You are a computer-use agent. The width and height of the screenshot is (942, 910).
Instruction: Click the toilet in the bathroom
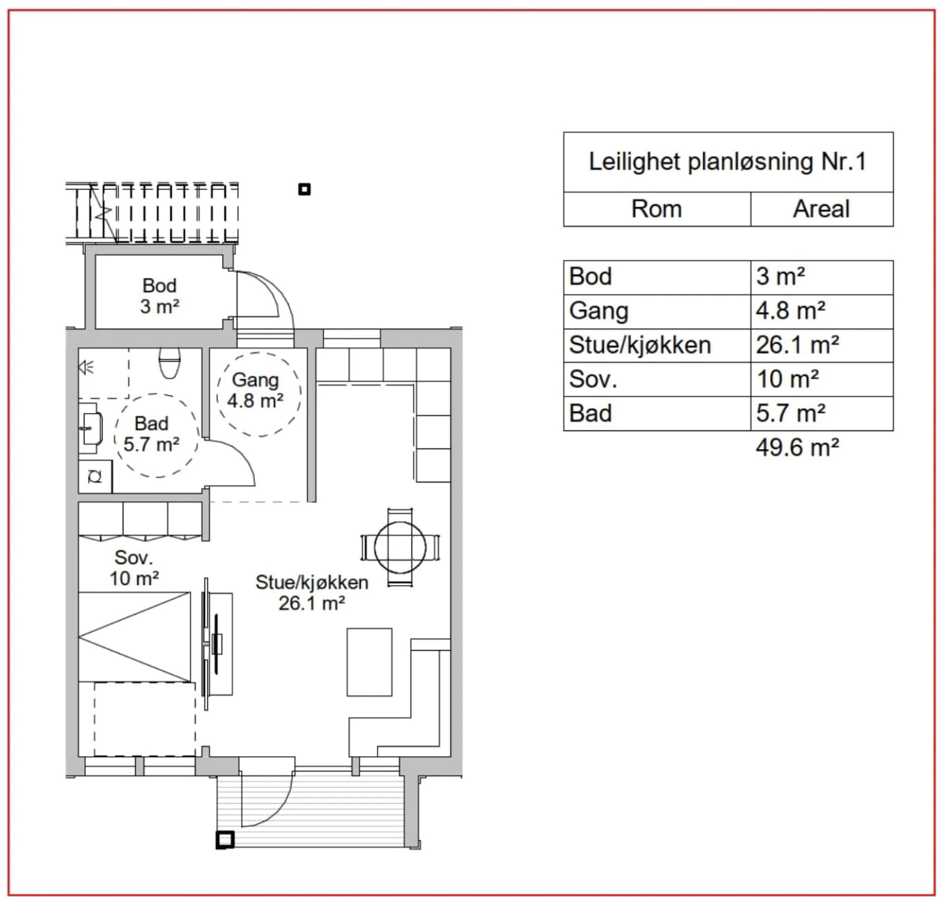170,362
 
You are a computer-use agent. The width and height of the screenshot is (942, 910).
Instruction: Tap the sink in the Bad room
92,428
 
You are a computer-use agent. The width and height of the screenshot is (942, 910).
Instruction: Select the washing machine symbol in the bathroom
96,477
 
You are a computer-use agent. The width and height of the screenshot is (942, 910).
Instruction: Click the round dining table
400,548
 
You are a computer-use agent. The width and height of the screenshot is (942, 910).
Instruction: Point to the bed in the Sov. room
134,637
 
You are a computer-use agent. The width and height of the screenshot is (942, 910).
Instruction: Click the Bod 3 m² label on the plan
160,296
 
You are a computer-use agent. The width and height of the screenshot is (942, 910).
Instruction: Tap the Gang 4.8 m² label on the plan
255,390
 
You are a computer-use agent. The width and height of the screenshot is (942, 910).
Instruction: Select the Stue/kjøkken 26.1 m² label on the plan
312,593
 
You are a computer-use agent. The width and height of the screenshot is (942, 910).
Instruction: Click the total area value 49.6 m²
797,447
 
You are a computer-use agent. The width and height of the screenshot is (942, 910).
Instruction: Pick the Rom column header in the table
657,209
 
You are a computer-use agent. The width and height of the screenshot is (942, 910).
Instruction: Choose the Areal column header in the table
821,209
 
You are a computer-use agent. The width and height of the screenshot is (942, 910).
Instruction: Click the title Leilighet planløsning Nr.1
727,161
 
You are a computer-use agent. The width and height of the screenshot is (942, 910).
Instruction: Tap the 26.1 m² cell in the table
797,345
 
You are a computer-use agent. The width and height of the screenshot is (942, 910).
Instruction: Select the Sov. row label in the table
593,379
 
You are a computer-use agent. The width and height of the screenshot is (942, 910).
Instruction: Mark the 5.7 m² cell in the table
790,413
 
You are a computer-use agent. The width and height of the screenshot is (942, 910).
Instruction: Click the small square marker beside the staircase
304,189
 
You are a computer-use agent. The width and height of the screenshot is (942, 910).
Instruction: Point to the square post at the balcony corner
224,840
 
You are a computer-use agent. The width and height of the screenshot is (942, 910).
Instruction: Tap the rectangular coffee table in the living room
369,662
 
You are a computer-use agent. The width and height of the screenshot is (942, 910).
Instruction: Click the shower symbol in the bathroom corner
86,368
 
